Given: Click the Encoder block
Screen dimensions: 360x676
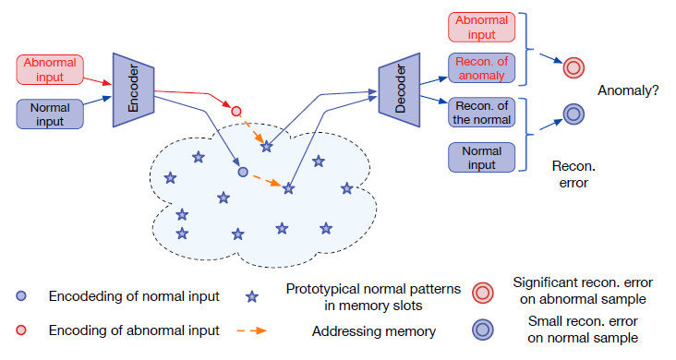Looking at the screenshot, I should coord(132,89).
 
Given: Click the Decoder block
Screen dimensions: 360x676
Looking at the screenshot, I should coord(400,89).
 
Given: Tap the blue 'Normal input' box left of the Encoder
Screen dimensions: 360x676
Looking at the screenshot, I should coord(50,114).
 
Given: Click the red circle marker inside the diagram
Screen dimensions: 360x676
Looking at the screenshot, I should coord(236,112).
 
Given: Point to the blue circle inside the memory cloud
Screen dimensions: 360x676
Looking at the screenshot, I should coord(243,172).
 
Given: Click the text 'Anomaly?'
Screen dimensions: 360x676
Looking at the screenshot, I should coord(628,90).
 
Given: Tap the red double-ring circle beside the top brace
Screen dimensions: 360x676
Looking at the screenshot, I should coord(573,66).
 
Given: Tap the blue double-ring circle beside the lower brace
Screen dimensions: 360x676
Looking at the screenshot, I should coord(573,115).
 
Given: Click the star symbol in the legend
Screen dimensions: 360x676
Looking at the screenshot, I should coord(252,297).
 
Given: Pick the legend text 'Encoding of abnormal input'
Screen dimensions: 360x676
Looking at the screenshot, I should coord(134,330).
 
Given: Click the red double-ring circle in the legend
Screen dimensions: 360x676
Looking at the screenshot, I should coord(483,291).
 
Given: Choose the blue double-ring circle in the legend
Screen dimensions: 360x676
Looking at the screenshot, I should coord(483,330).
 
